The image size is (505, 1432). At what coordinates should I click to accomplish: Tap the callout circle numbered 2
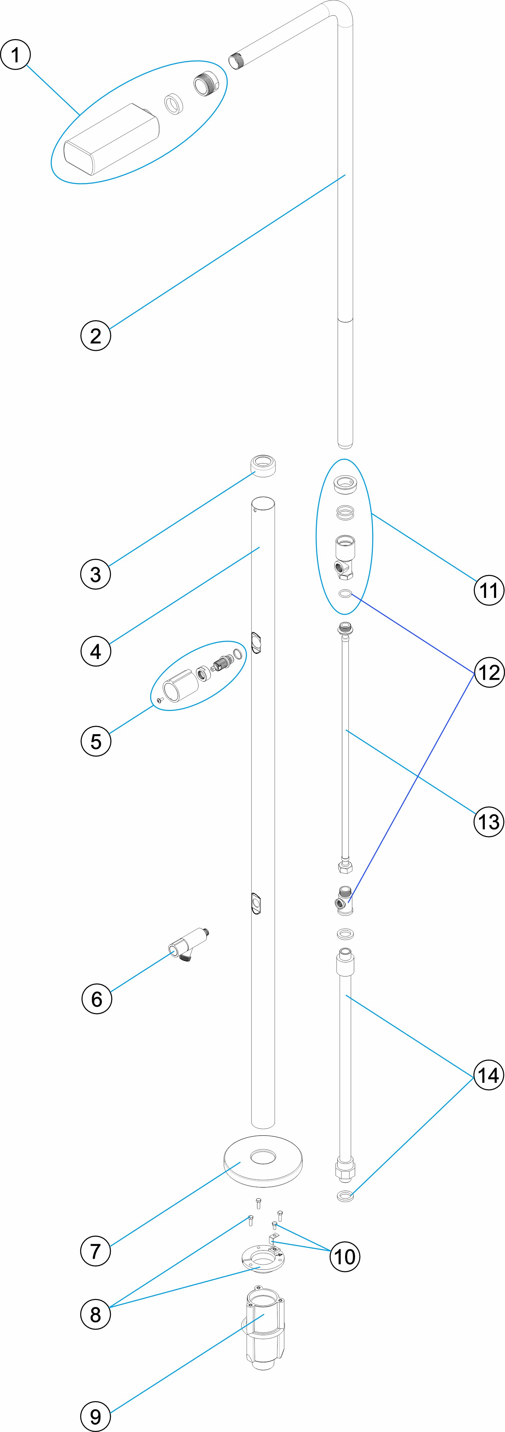pyautogui.click(x=96, y=336)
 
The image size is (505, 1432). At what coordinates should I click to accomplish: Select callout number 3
pyautogui.click(x=96, y=574)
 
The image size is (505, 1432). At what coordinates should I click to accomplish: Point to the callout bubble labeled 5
pyautogui.click(x=96, y=741)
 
